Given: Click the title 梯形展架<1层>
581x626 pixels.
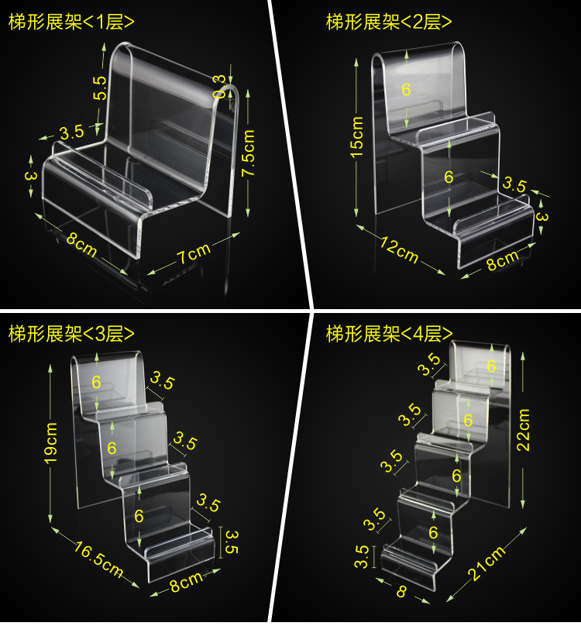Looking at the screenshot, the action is (71, 22).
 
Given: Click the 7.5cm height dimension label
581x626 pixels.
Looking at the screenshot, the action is (249, 153).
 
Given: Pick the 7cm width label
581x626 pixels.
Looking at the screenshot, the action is (191, 253).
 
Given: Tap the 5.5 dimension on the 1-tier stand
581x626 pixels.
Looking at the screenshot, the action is (100, 87).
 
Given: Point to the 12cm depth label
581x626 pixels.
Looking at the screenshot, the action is (398, 249).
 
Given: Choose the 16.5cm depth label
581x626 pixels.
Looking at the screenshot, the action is (98, 560).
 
